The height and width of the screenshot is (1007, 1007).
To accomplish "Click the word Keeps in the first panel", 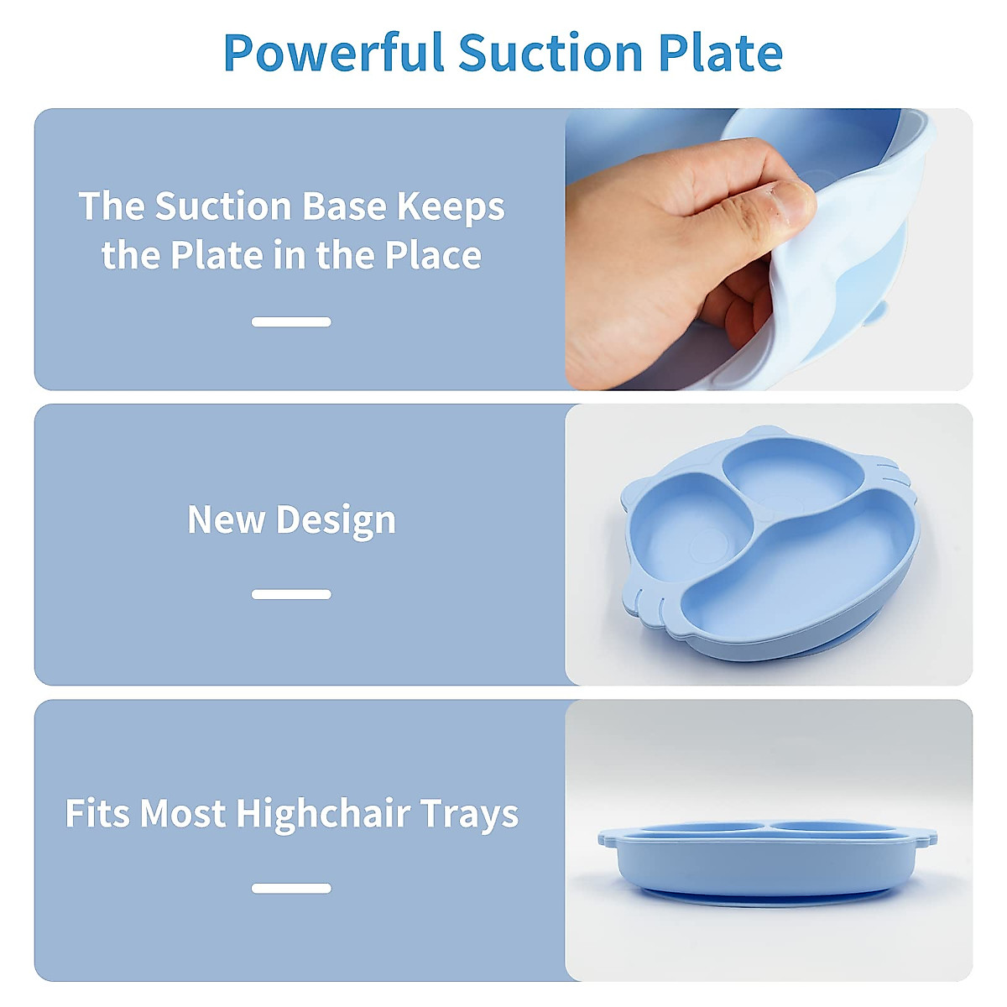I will [451, 207].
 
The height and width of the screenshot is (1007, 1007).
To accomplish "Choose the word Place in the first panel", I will [433, 255].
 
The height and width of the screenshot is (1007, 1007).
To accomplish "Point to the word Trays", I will [469, 815].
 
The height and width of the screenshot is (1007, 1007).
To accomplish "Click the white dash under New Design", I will [291, 594].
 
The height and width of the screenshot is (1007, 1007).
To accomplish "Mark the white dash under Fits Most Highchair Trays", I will [291, 888].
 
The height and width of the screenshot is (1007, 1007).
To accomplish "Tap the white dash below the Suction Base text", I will [291, 321].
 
